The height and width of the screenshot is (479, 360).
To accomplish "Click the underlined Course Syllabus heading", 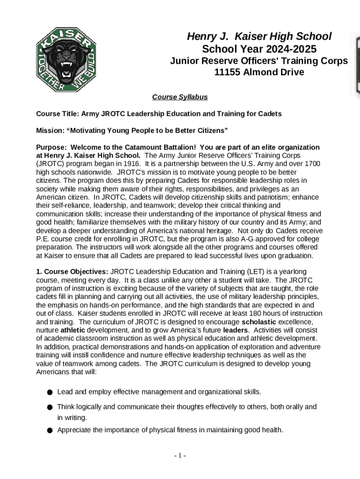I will pyautogui.click(x=180, y=97).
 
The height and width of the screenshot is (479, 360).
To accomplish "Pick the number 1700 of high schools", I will pyautogui.click(x=312, y=164).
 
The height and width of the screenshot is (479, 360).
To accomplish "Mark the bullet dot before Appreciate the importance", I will pyautogui.click(x=49, y=430).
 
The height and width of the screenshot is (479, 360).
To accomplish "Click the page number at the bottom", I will pyautogui.click(x=180, y=456).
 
